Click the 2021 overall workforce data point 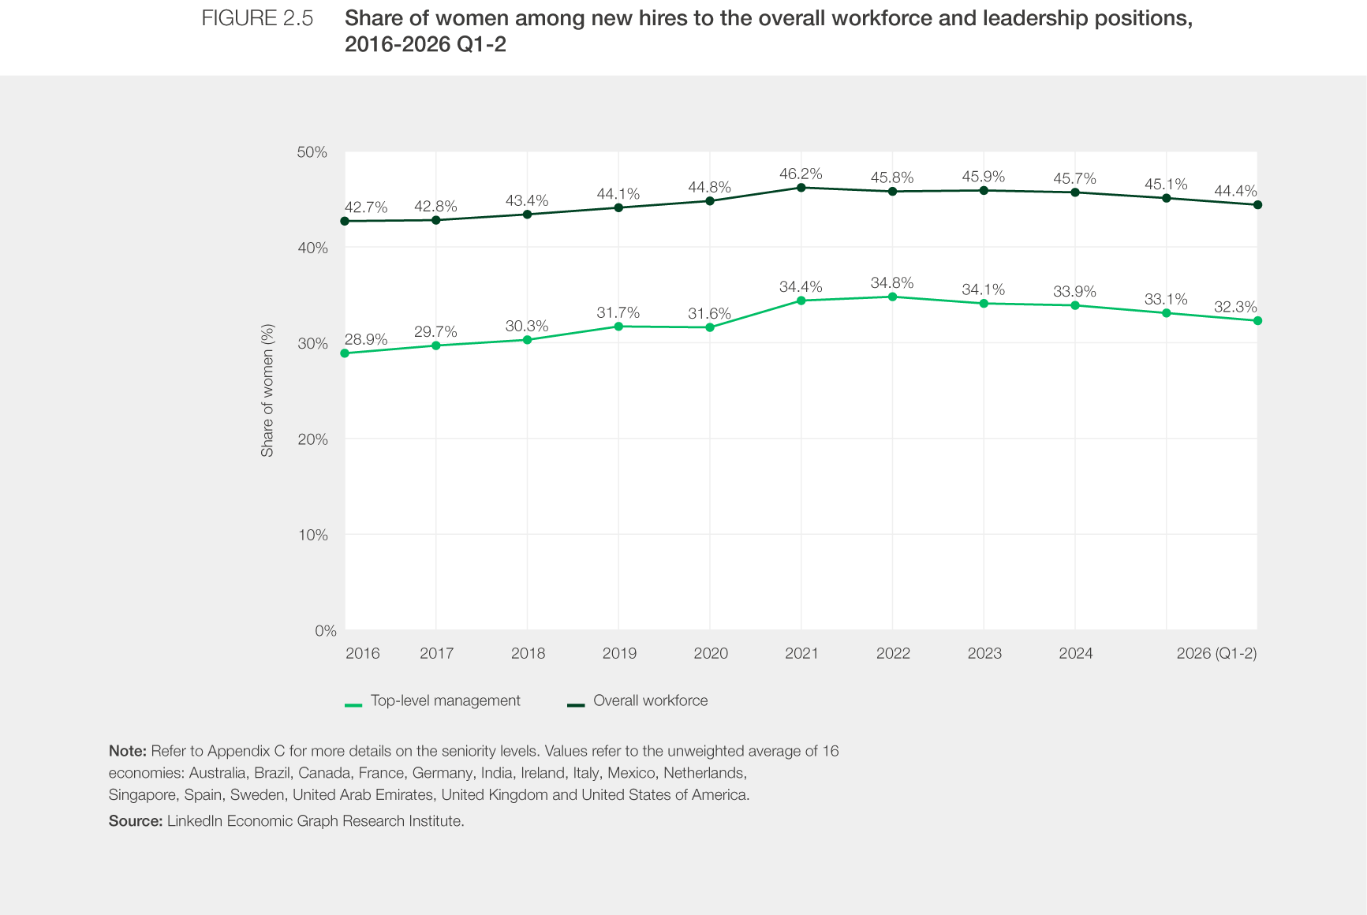coord(801,188)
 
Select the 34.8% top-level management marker coord(892,297)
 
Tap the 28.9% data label coord(366,339)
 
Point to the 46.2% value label coord(801,174)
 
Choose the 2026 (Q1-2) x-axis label coord(1216,653)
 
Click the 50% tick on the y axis coord(312,152)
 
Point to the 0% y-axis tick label coord(326,630)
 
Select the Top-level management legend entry coord(433,700)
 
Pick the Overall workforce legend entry coord(638,700)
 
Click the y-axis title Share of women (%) coord(267,390)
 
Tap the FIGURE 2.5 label coord(257,18)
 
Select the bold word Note coord(128,751)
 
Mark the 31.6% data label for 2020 coord(709,313)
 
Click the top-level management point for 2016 coord(345,353)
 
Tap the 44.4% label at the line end coord(1235,191)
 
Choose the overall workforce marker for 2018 coord(527,215)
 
